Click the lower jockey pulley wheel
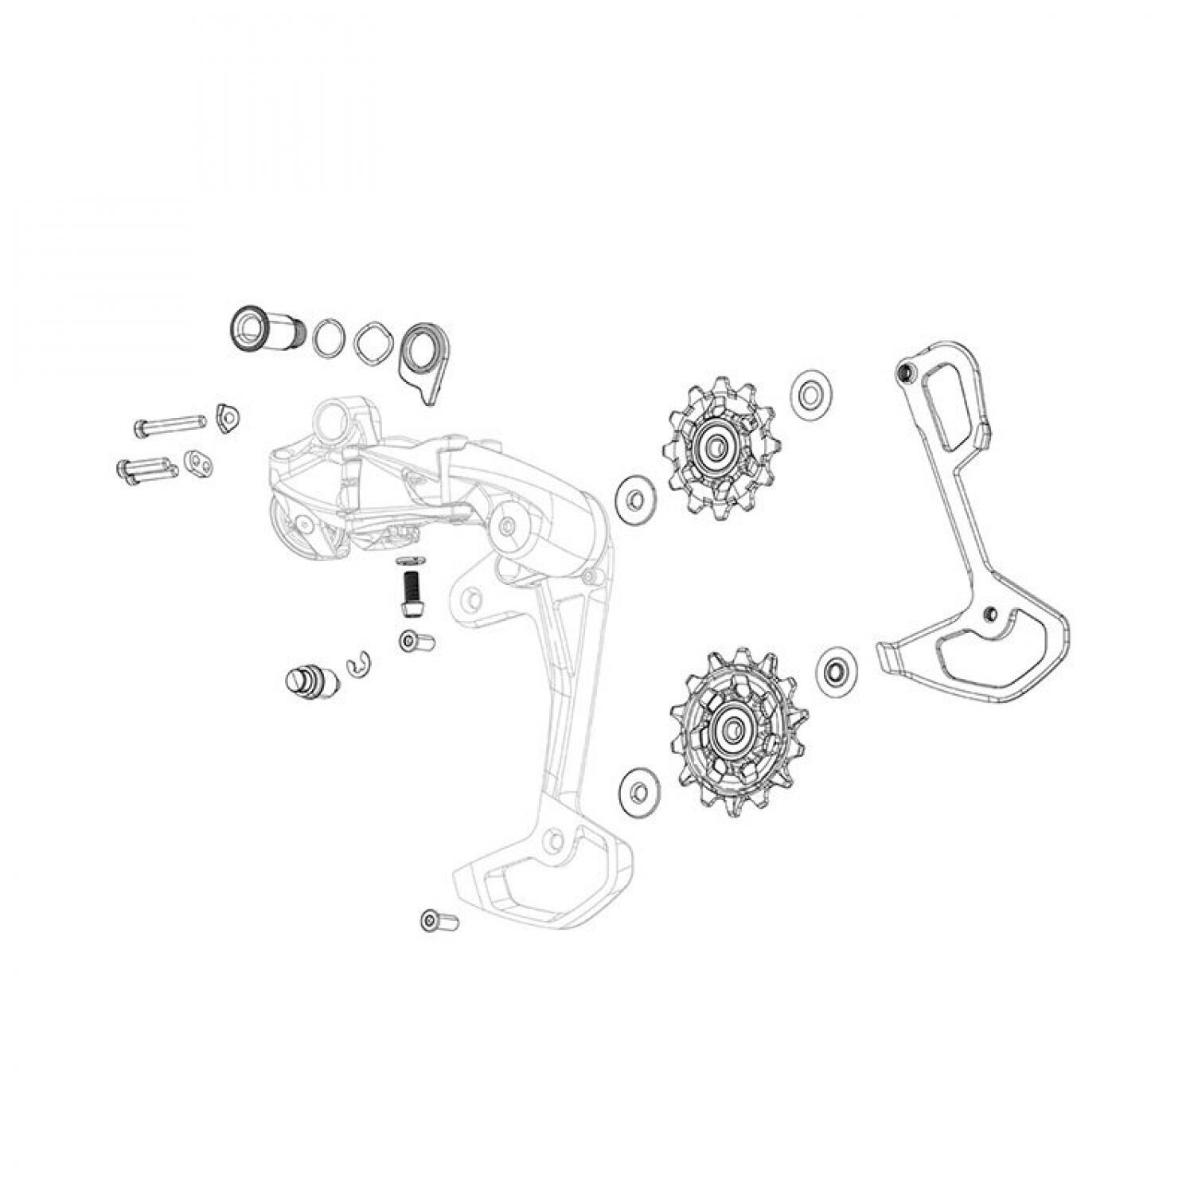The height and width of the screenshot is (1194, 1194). coord(737,724)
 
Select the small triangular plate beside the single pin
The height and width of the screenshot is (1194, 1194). coord(228,418)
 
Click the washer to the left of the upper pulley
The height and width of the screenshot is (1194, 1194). coord(634,500)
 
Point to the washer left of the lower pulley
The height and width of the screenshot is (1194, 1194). coord(638,791)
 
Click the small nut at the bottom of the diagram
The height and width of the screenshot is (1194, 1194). coord(439,921)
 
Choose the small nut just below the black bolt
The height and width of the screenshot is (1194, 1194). coord(416,641)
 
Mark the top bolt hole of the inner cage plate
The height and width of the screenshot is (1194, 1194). coord(903,372)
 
